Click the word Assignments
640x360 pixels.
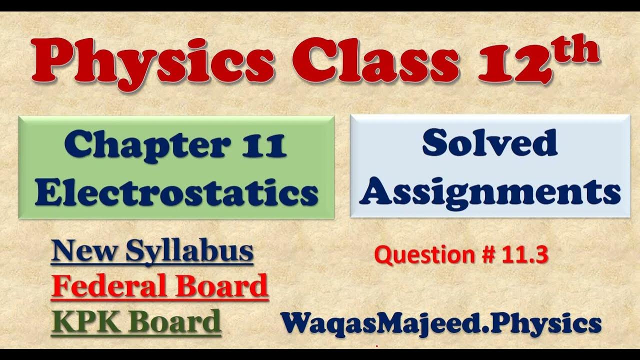[489, 192]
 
